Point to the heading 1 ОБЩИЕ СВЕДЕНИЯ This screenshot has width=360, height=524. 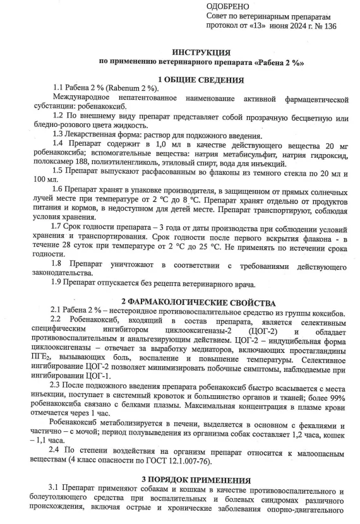pyautogui.click(x=200, y=80)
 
